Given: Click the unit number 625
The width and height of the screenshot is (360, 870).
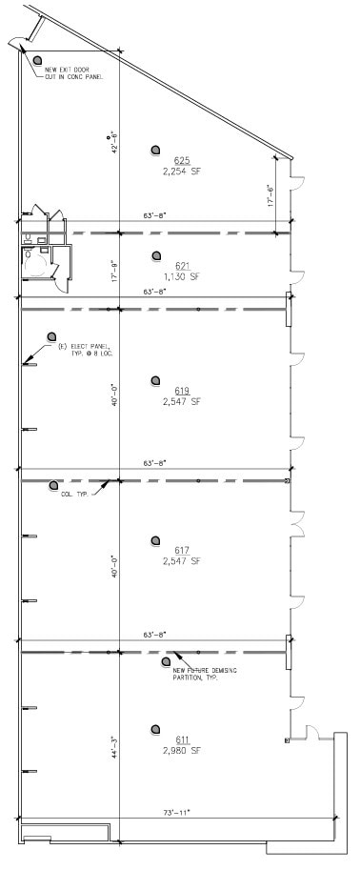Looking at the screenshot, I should (182, 160).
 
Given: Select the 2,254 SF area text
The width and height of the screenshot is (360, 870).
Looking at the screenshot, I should (182, 172).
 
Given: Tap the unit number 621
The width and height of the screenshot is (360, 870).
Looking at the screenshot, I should (182, 266).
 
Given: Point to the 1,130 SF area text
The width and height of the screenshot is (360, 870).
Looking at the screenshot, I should (182, 277).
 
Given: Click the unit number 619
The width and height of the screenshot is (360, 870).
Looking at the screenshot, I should (182, 391).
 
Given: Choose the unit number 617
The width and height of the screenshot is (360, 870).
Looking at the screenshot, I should (182, 550).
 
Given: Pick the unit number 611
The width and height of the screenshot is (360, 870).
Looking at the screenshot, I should (182, 739).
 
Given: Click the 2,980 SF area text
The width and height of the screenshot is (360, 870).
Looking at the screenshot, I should (182, 751).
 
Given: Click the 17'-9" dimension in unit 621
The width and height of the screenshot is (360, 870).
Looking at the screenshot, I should (113, 270).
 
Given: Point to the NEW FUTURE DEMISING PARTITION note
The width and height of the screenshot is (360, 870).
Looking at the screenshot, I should (210, 674).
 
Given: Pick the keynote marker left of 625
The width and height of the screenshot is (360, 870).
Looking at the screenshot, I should (155, 150).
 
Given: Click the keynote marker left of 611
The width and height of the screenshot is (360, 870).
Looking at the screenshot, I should (155, 730).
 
